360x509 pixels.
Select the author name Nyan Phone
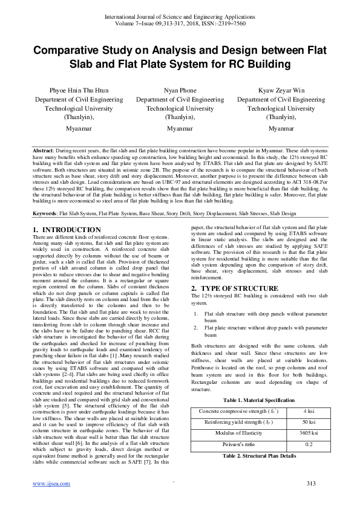[x=180, y=90]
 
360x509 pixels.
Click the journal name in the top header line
[x=180, y=17]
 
